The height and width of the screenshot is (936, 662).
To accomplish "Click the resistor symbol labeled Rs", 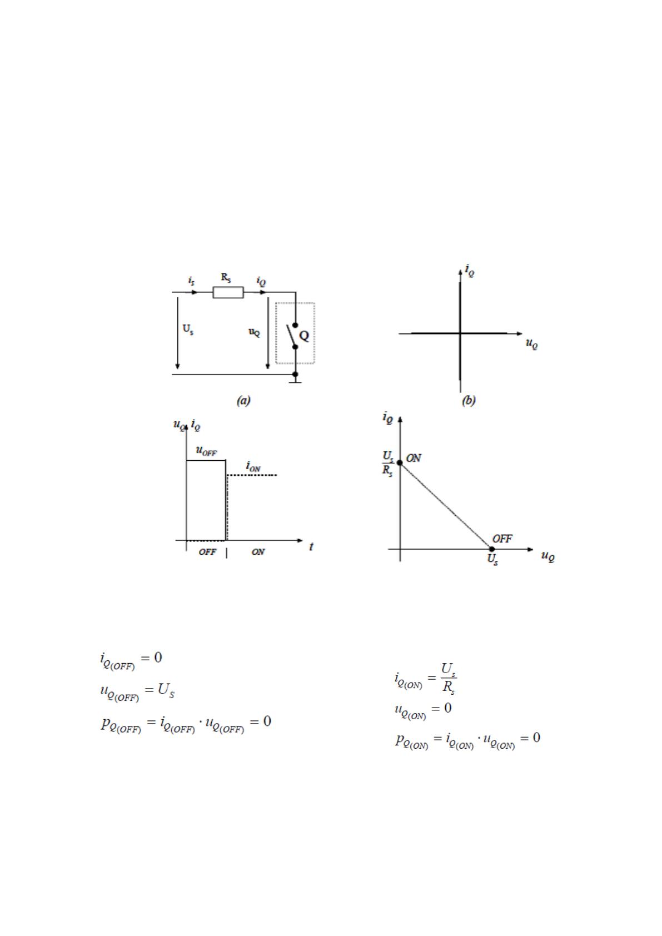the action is pos(228,292).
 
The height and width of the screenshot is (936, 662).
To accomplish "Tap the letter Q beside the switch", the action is pos(304,336).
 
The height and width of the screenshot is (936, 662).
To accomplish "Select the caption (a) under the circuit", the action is pos(243,401).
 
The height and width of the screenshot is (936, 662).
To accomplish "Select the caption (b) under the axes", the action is pos(468,401).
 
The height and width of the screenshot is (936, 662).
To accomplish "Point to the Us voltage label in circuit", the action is pos(188,329).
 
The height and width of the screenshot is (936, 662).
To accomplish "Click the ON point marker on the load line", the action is pos(400,462).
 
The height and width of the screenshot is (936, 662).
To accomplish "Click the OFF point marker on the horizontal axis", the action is pos(492,549).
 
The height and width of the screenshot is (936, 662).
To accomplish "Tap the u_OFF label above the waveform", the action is pos(206,451).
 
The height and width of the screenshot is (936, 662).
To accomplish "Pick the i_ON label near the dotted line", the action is pos(253,466).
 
